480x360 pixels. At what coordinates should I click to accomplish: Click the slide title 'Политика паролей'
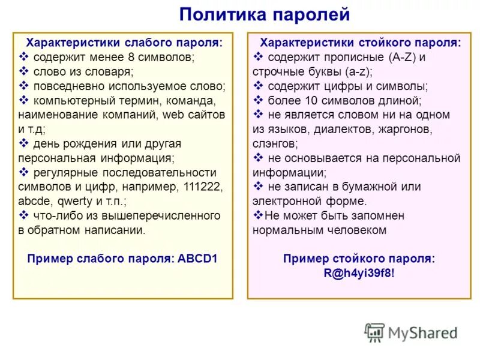click(264, 14)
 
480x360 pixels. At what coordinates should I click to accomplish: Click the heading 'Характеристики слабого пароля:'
click(122, 43)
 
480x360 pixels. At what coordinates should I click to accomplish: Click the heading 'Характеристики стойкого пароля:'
click(360, 43)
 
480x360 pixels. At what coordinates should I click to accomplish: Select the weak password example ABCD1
click(197, 259)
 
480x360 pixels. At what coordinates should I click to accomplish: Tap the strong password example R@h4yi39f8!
click(359, 273)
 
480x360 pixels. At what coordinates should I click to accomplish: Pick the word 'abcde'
click(34, 201)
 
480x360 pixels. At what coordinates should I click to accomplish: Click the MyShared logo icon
click(374, 332)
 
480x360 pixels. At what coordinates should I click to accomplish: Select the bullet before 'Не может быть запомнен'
click(258, 215)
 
